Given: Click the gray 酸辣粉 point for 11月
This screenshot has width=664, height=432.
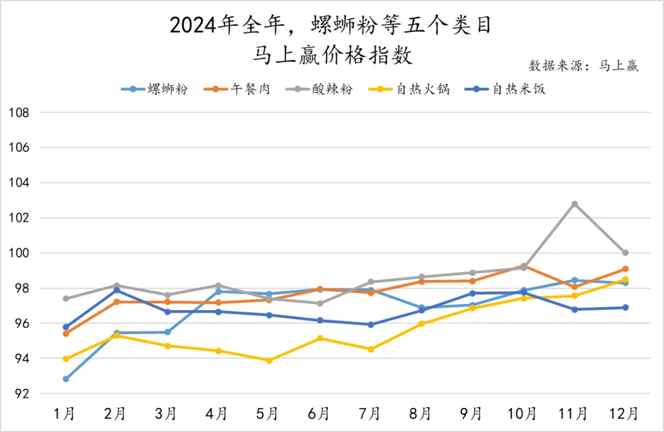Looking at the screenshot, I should click(574, 204).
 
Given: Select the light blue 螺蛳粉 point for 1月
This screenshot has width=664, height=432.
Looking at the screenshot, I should click(66, 379).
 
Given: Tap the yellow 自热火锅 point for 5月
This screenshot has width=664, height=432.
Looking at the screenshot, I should click(269, 361).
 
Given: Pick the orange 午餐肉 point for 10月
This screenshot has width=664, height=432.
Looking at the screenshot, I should click(523, 266).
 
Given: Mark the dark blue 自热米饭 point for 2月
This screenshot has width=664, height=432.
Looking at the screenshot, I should click(117, 290).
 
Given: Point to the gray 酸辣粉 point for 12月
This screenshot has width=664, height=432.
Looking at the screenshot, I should click(625, 253).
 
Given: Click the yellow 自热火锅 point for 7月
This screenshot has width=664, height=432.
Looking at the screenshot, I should click(371, 349).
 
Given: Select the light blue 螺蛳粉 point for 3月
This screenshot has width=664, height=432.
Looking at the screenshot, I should click(167, 332).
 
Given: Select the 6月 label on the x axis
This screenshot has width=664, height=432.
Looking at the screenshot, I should click(320, 413).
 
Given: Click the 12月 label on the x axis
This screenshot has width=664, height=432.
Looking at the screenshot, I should click(625, 413).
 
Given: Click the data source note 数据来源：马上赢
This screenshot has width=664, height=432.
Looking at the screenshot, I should click(583, 66).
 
